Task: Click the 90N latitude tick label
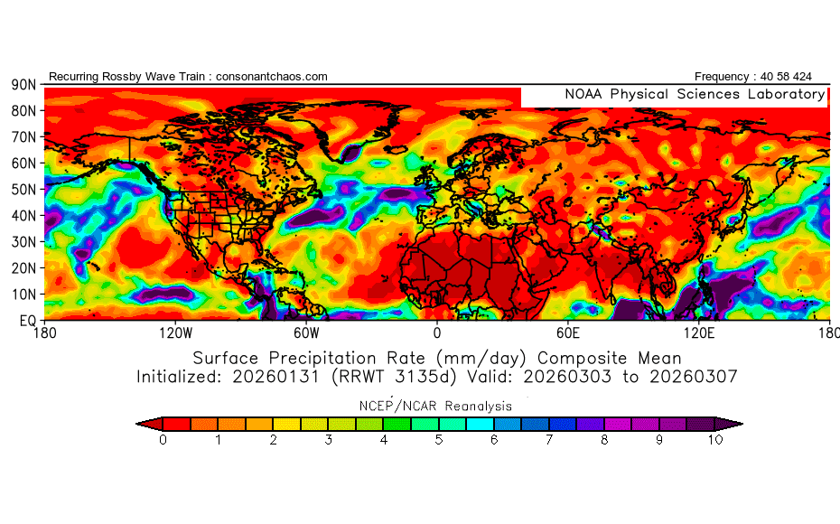pyautogui.click(x=23, y=84)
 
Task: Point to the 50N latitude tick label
pyautogui.click(x=23, y=189)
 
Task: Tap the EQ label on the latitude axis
pyautogui.click(x=27, y=320)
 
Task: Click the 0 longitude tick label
pyautogui.click(x=437, y=333)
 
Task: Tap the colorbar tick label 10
pyautogui.click(x=715, y=440)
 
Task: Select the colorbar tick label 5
pyautogui.click(x=439, y=440)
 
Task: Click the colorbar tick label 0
pyautogui.click(x=163, y=440)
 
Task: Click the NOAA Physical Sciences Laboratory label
pyautogui.click(x=695, y=94)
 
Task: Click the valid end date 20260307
pyautogui.click(x=696, y=376)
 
